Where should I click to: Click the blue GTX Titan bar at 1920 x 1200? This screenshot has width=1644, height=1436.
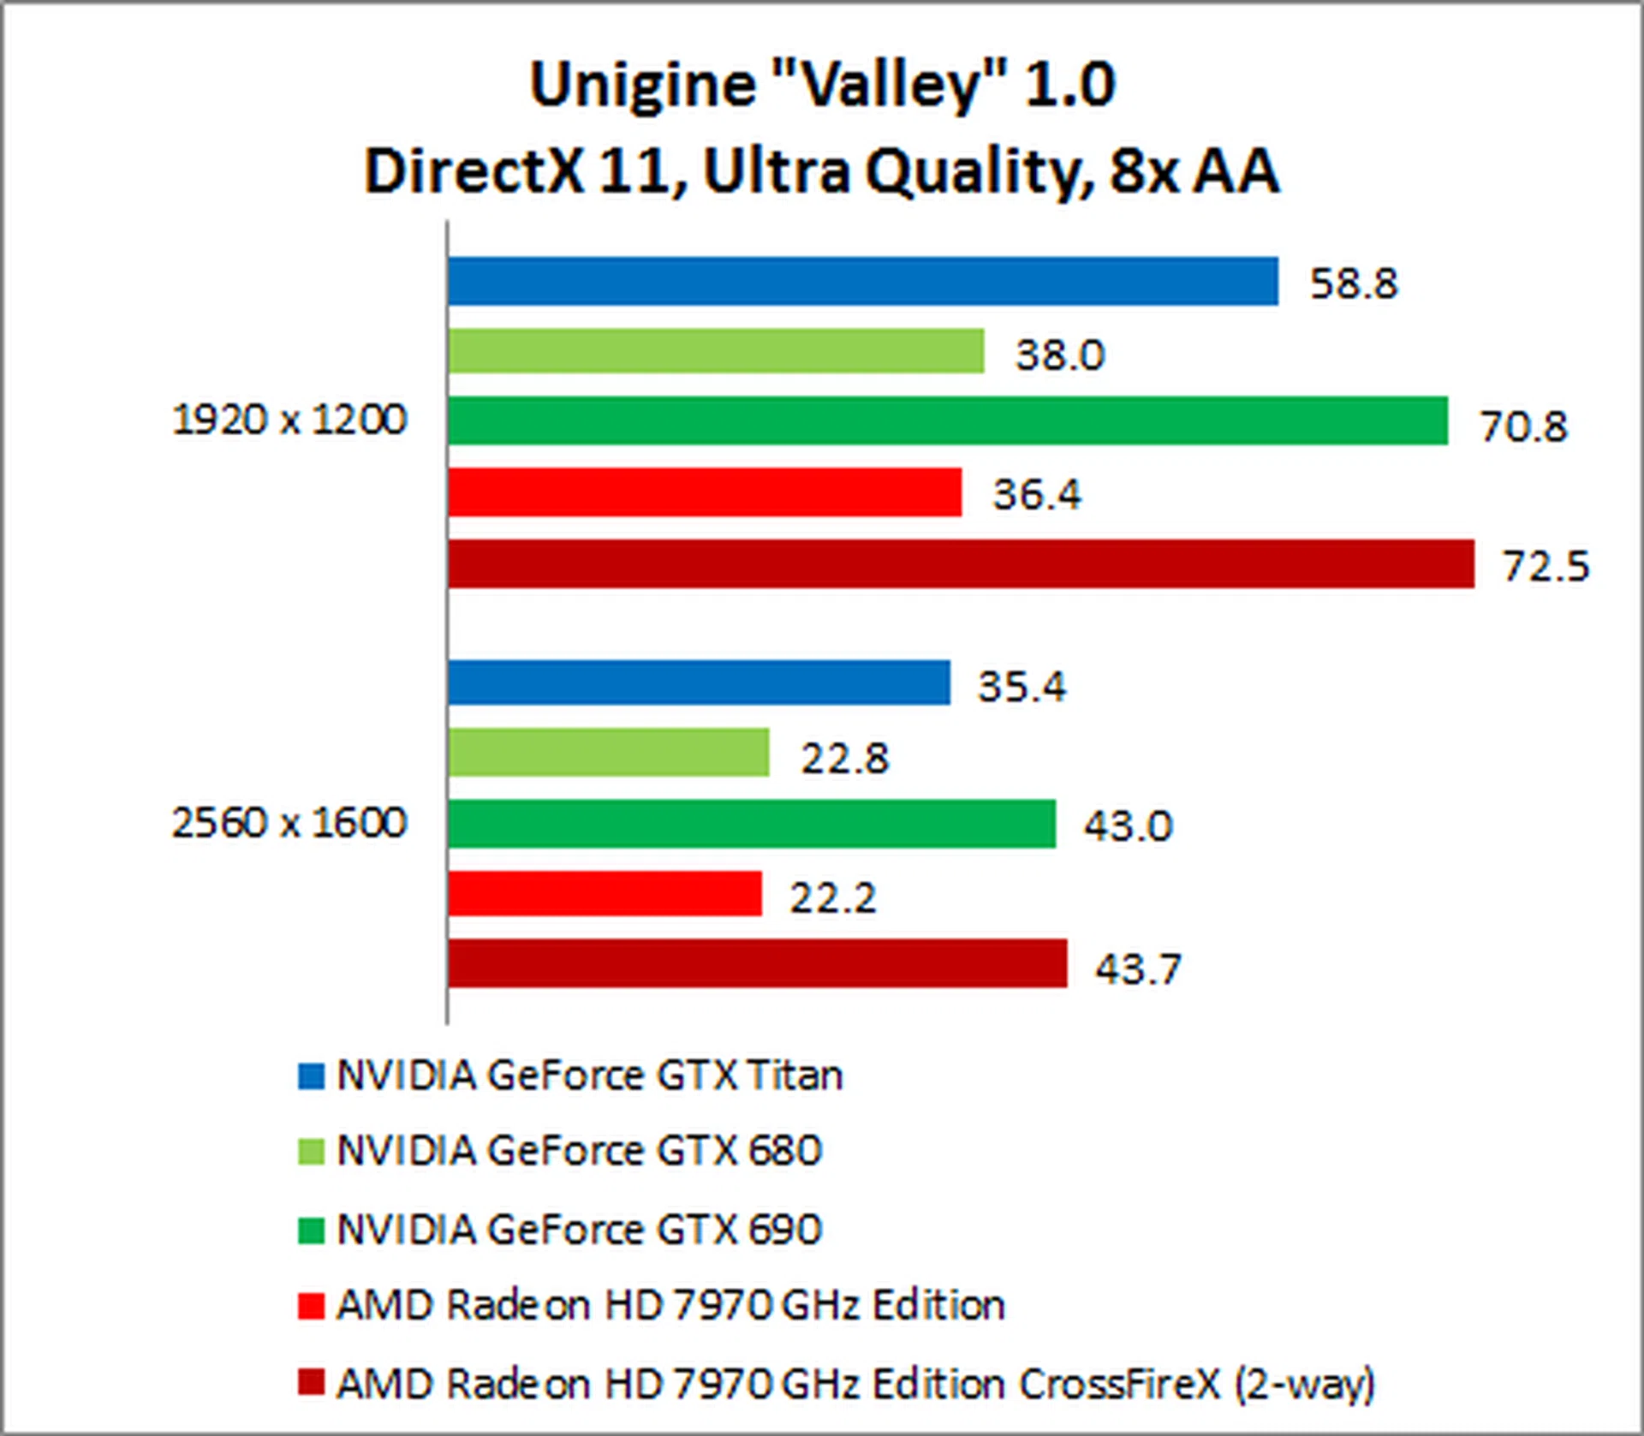(862, 281)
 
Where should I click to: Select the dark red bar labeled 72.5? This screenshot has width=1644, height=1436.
(961, 563)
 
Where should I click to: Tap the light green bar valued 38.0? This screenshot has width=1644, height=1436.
(716, 351)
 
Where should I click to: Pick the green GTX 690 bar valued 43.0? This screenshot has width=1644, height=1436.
(752, 824)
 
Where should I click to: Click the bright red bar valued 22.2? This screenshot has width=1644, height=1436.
(605, 894)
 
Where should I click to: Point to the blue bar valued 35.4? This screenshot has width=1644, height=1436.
(699, 682)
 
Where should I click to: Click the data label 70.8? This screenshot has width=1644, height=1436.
(1523, 426)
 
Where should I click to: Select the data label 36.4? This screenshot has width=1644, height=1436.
(1036, 494)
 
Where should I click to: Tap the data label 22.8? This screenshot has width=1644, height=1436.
(844, 758)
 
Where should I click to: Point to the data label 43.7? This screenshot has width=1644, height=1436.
(1138, 968)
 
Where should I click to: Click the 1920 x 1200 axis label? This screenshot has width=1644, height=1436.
(289, 420)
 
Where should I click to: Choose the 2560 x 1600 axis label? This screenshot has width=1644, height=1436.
(289, 823)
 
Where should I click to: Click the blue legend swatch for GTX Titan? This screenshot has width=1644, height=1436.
(311, 1076)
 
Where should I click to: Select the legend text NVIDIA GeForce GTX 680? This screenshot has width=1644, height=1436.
(580, 1150)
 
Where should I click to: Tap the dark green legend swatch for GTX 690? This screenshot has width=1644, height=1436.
(311, 1230)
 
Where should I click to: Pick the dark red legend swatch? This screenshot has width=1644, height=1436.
(311, 1382)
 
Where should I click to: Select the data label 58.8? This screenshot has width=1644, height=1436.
(1353, 283)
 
